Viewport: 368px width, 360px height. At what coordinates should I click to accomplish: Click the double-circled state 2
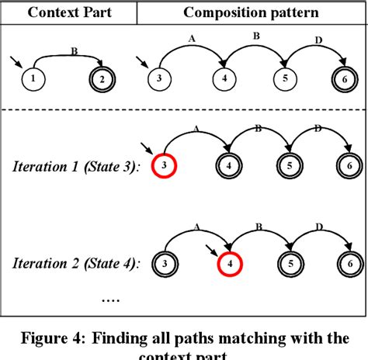tap(101, 78)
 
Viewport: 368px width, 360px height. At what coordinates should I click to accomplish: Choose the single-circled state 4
tap(224, 78)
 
